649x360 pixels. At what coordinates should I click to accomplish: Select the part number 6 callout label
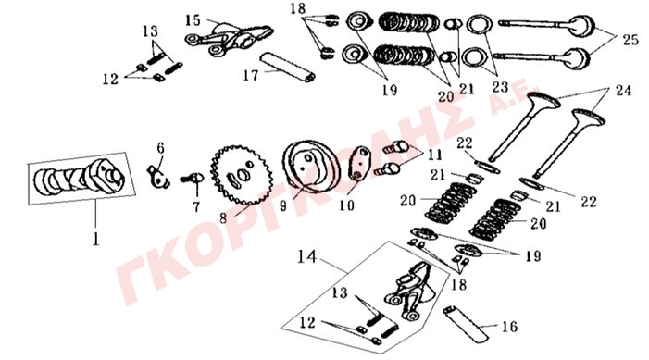[x=160, y=148]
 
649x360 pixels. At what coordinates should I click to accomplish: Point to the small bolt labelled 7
[x=193, y=179]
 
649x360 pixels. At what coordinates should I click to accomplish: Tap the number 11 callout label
[x=434, y=155]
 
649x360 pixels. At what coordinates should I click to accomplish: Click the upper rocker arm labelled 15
[x=229, y=38]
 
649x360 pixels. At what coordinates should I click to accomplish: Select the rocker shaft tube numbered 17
[x=287, y=67]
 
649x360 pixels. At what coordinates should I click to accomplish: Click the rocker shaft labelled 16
[x=466, y=324]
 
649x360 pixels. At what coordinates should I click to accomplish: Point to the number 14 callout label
[x=307, y=257]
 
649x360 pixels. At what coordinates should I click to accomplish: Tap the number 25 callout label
[x=630, y=40]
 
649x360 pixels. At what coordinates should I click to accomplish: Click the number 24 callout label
[x=623, y=90]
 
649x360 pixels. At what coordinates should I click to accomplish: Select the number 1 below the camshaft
[x=96, y=239]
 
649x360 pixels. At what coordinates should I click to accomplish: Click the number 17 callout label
[x=251, y=75]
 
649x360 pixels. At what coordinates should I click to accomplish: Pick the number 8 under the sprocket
[x=223, y=218]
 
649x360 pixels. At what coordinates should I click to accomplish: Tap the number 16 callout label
[x=509, y=327]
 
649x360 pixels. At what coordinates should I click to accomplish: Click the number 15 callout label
[x=193, y=19]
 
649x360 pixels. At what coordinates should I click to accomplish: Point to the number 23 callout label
[x=500, y=87]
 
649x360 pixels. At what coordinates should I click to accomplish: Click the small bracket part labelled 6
[x=158, y=177]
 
